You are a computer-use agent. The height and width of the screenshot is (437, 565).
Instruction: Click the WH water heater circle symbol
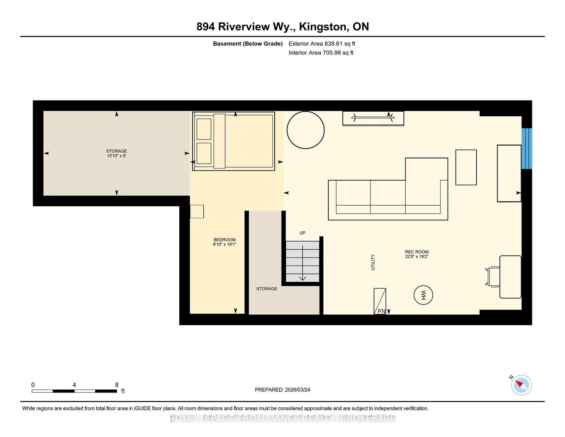(423, 295)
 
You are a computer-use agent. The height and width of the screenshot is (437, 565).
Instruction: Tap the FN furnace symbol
(380, 301)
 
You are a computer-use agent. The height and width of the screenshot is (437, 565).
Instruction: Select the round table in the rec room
(305, 130)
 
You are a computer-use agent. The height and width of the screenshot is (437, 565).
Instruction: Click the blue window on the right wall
(527, 148)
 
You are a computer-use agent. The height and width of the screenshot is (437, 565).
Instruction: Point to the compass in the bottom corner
(521, 385)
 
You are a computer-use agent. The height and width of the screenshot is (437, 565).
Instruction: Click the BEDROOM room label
(224, 240)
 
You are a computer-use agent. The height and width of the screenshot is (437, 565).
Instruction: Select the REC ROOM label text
(417, 252)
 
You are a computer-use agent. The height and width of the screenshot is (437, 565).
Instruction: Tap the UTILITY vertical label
(373, 262)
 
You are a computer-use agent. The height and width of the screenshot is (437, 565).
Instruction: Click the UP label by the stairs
(302, 233)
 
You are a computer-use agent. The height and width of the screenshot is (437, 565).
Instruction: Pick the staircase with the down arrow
(302, 261)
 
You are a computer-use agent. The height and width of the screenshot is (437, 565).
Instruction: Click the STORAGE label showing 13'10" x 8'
(117, 153)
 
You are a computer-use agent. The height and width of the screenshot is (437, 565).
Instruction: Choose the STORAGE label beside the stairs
(267, 289)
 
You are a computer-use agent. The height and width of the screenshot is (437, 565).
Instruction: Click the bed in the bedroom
(233, 141)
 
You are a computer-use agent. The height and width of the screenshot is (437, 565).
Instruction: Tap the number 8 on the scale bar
(117, 385)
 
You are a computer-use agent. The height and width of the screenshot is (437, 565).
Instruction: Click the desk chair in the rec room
(492, 277)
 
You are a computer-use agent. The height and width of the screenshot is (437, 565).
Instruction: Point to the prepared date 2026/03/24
(297, 390)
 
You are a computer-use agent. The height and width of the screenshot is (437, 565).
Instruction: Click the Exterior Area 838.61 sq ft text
(322, 44)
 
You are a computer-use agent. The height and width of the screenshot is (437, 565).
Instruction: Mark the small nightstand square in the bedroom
(197, 212)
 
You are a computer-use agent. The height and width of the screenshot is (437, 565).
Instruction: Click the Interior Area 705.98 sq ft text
(321, 53)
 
